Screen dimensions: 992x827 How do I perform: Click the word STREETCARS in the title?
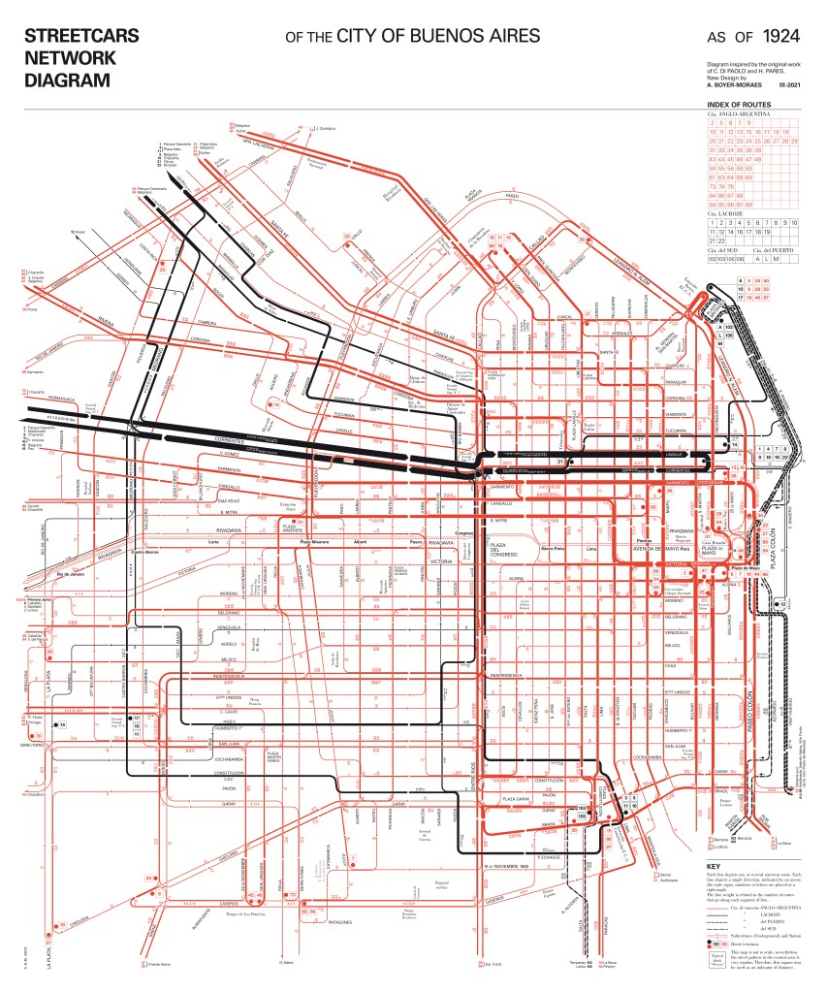pyautogui.click(x=81, y=37)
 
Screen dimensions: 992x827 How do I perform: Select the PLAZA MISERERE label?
pyautogui.click(x=291, y=529)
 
